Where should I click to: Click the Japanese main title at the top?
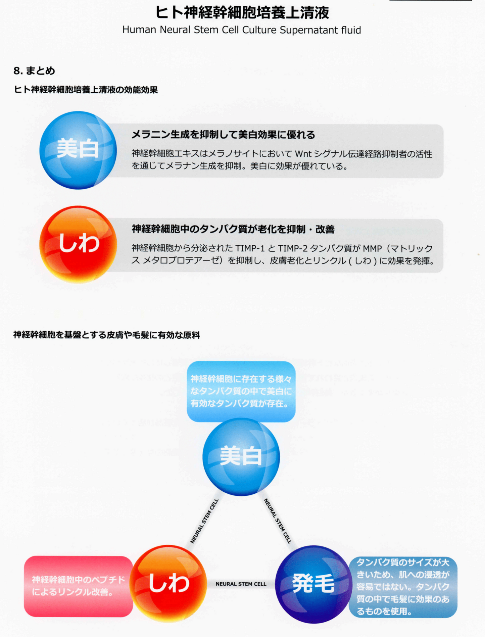(242, 13)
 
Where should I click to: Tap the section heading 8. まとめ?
(34, 71)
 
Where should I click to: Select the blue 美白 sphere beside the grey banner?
(78, 150)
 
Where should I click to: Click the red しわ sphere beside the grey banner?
(78, 244)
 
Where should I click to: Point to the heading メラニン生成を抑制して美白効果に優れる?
(223, 135)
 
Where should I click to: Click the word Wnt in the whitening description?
(303, 154)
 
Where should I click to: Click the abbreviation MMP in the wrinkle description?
(372, 249)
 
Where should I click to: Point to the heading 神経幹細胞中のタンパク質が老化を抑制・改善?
(233, 229)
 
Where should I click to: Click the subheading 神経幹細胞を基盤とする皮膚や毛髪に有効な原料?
(106, 335)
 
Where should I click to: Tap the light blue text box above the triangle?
(241, 391)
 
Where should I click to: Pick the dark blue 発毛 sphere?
(313, 584)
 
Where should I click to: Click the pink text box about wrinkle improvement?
(78, 586)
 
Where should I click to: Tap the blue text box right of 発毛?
(403, 587)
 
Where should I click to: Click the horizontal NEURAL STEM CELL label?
(241, 584)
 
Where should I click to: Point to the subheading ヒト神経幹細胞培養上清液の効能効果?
(86, 90)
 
